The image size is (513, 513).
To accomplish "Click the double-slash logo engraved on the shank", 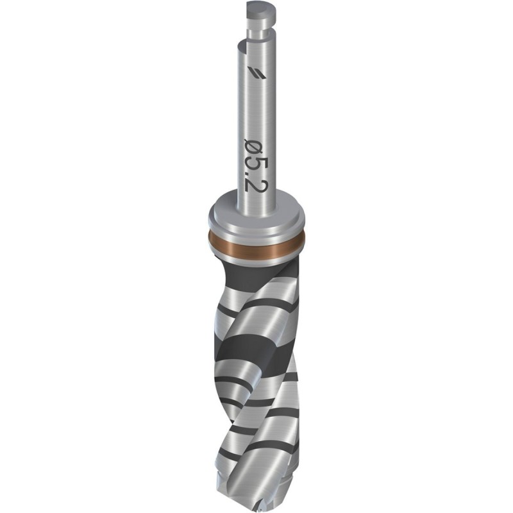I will (255, 72).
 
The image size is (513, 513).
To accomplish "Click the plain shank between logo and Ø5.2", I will (256, 106).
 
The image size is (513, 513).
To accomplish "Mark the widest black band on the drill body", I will (256, 349).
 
